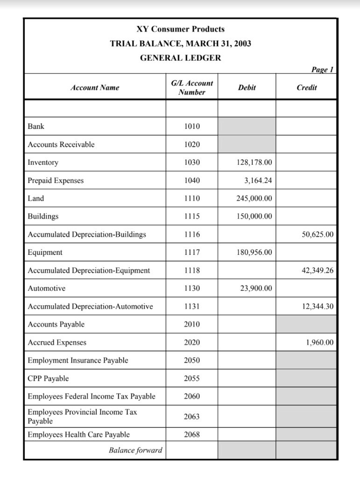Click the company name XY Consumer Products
point(180,29)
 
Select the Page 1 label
point(322,70)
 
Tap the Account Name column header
point(95,87)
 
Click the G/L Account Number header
point(191,87)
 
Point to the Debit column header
point(247,87)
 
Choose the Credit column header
point(306,87)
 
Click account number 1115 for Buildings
point(191,217)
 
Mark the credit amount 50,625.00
point(318,234)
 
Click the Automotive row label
point(47,288)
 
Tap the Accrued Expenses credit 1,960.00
point(320,343)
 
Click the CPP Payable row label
point(48,379)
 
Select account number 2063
point(191,416)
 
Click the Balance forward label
point(135,450)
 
